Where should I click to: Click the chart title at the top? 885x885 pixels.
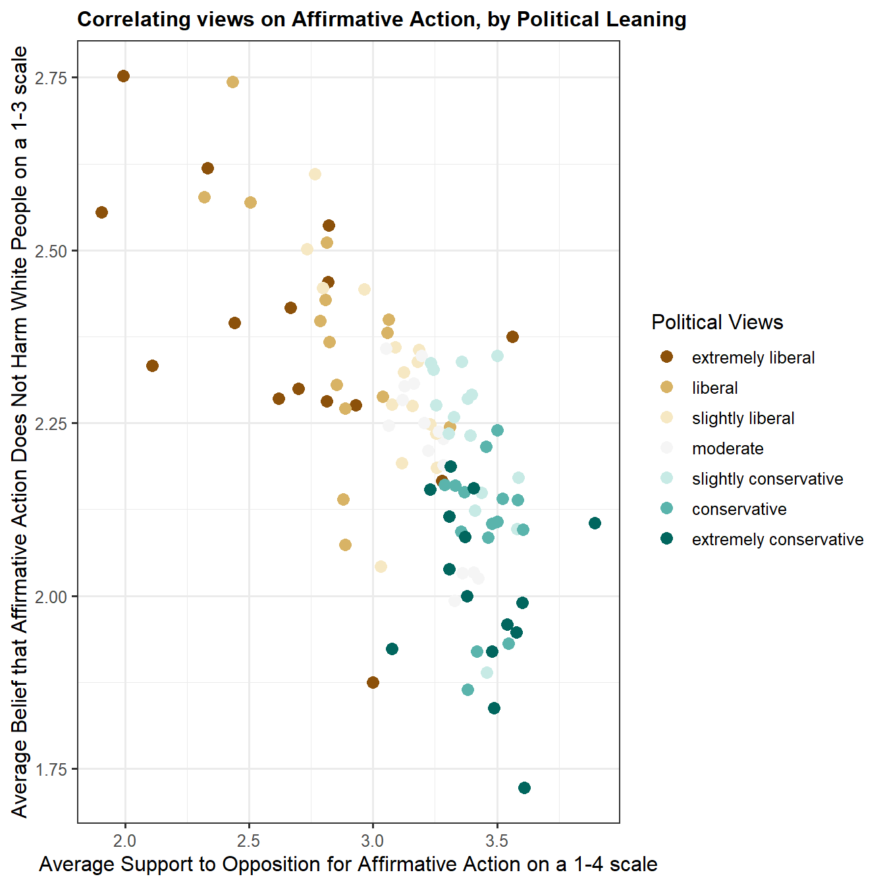(x=381, y=19)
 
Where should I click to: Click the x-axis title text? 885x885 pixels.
(x=348, y=864)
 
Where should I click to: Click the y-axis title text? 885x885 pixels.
(x=20, y=431)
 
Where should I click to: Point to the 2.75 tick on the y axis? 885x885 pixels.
(x=51, y=78)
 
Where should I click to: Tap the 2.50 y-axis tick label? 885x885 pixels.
(x=51, y=251)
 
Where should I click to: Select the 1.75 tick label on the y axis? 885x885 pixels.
(x=51, y=769)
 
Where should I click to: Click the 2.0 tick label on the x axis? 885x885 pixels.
(x=125, y=841)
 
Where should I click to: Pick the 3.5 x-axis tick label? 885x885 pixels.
(x=496, y=841)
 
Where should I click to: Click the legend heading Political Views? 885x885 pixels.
(x=717, y=322)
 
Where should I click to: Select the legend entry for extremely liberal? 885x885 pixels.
(x=753, y=358)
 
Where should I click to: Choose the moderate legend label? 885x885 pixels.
(x=728, y=448)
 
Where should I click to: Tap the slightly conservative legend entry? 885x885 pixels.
(x=767, y=479)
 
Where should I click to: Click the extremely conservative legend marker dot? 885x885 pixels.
(x=667, y=539)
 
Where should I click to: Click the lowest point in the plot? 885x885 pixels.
(x=524, y=788)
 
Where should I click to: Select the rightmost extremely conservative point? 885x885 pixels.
(x=595, y=523)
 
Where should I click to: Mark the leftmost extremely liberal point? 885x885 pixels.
(x=101, y=212)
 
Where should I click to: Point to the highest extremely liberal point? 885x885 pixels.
(x=123, y=76)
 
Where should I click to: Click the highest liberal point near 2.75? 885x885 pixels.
(x=232, y=82)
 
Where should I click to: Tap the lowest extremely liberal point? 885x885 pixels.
(x=373, y=682)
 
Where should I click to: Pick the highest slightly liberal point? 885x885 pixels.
(x=315, y=174)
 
